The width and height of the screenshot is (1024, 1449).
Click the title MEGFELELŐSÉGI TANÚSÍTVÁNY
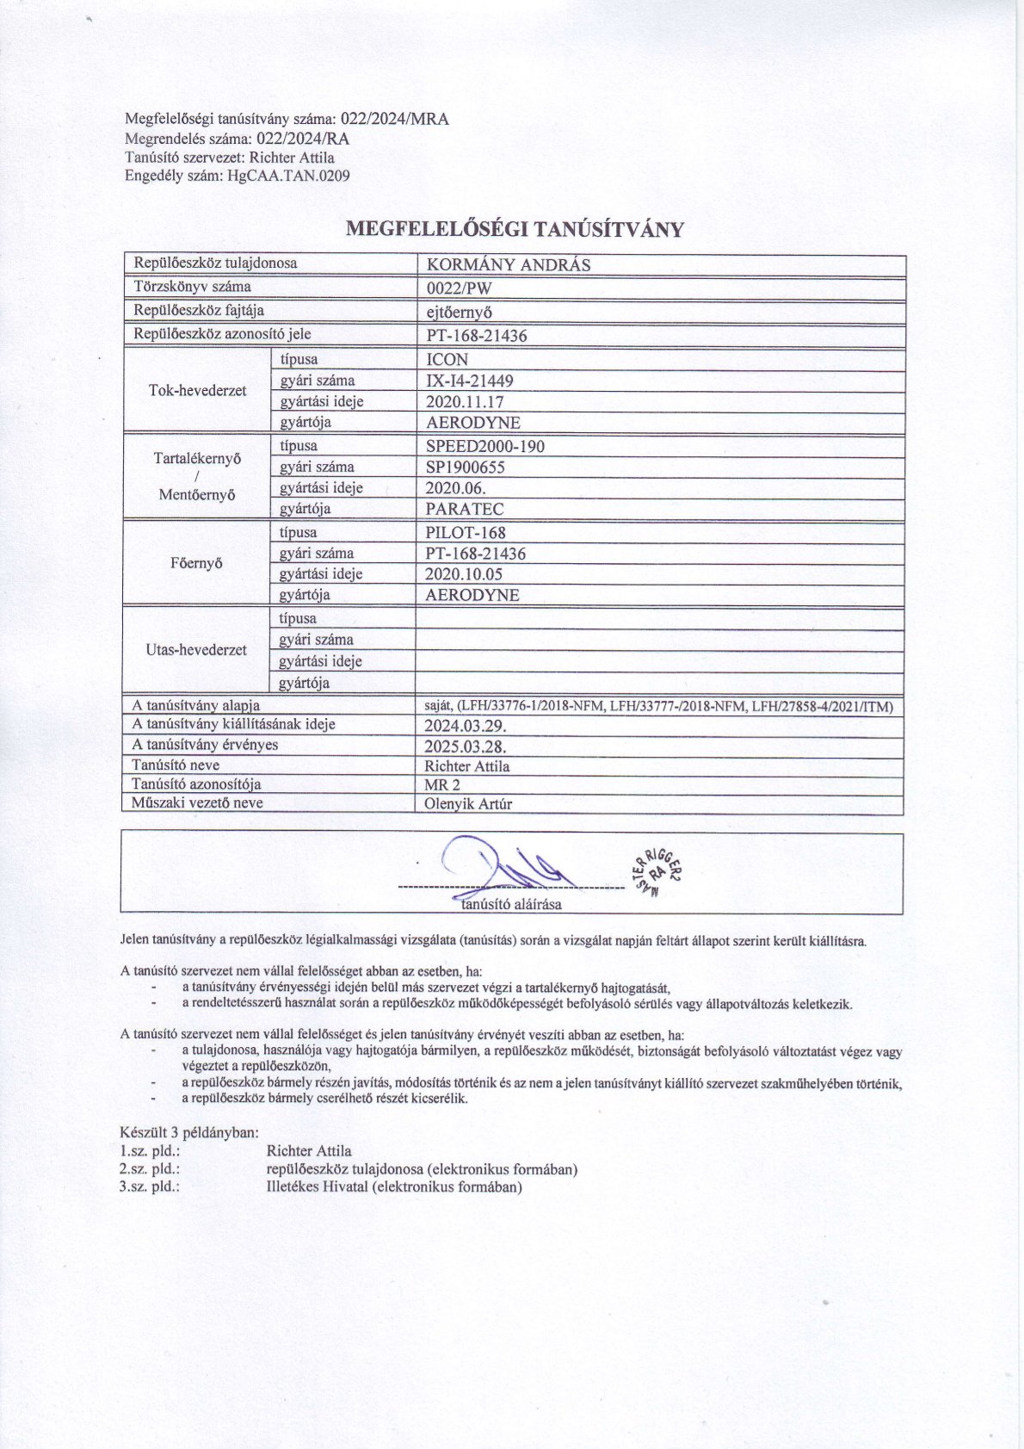pos(514,229)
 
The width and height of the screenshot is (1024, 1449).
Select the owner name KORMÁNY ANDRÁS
pos(509,265)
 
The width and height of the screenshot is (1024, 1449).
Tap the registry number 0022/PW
pos(460,288)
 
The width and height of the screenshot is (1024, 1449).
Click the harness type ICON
pos(447,360)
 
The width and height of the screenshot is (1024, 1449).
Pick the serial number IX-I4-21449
pos(471,381)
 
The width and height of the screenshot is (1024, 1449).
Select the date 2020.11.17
pos(465,401)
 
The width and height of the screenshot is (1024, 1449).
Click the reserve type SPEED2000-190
pos(485,446)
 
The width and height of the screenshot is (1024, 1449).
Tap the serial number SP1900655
pos(466,468)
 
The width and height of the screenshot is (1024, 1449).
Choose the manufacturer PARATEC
pos(465,509)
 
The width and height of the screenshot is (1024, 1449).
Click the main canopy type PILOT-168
pos(466,532)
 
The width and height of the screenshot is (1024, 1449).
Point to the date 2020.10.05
pos(465,574)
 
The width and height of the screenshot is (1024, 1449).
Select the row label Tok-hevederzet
pos(198,391)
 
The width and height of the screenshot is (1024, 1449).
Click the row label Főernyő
pos(198,564)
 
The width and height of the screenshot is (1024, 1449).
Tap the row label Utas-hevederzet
pos(197,650)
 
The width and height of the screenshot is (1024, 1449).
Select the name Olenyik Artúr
pos(469,804)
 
